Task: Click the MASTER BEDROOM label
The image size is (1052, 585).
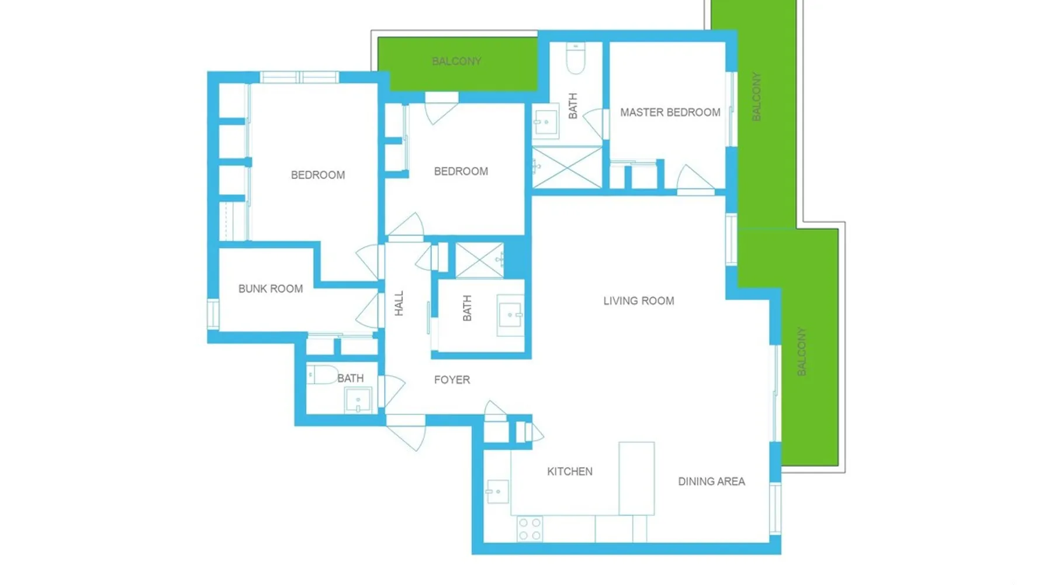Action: [x=670, y=112]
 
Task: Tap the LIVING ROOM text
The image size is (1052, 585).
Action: [x=639, y=301]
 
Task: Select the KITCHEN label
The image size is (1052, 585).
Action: [x=570, y=472]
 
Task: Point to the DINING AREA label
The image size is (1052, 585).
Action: [x=711, y=481]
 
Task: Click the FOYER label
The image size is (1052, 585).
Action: [x=452, y=380]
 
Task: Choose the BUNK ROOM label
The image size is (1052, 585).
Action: [x=271, y=288]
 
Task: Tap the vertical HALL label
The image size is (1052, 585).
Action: [x=399, y=304]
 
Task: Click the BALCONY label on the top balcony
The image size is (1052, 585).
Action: [x=456, y=61]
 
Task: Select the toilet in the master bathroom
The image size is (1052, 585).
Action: [x=576, y=58]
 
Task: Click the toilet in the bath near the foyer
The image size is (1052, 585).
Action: [x=322, y=374]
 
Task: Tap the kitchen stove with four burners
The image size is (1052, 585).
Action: [x=530, y=529]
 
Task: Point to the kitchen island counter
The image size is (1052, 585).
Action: [x=636, y=479]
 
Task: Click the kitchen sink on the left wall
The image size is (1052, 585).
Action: [x=497, y=492]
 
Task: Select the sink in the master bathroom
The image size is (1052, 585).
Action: [x=545, y=122]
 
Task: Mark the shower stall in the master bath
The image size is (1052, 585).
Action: [x=567, y=168]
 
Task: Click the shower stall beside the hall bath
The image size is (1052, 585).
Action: [x=479, y=260]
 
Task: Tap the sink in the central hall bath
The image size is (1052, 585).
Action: [x=510, y=315]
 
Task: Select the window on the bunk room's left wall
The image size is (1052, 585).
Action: [x=213, y=314]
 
